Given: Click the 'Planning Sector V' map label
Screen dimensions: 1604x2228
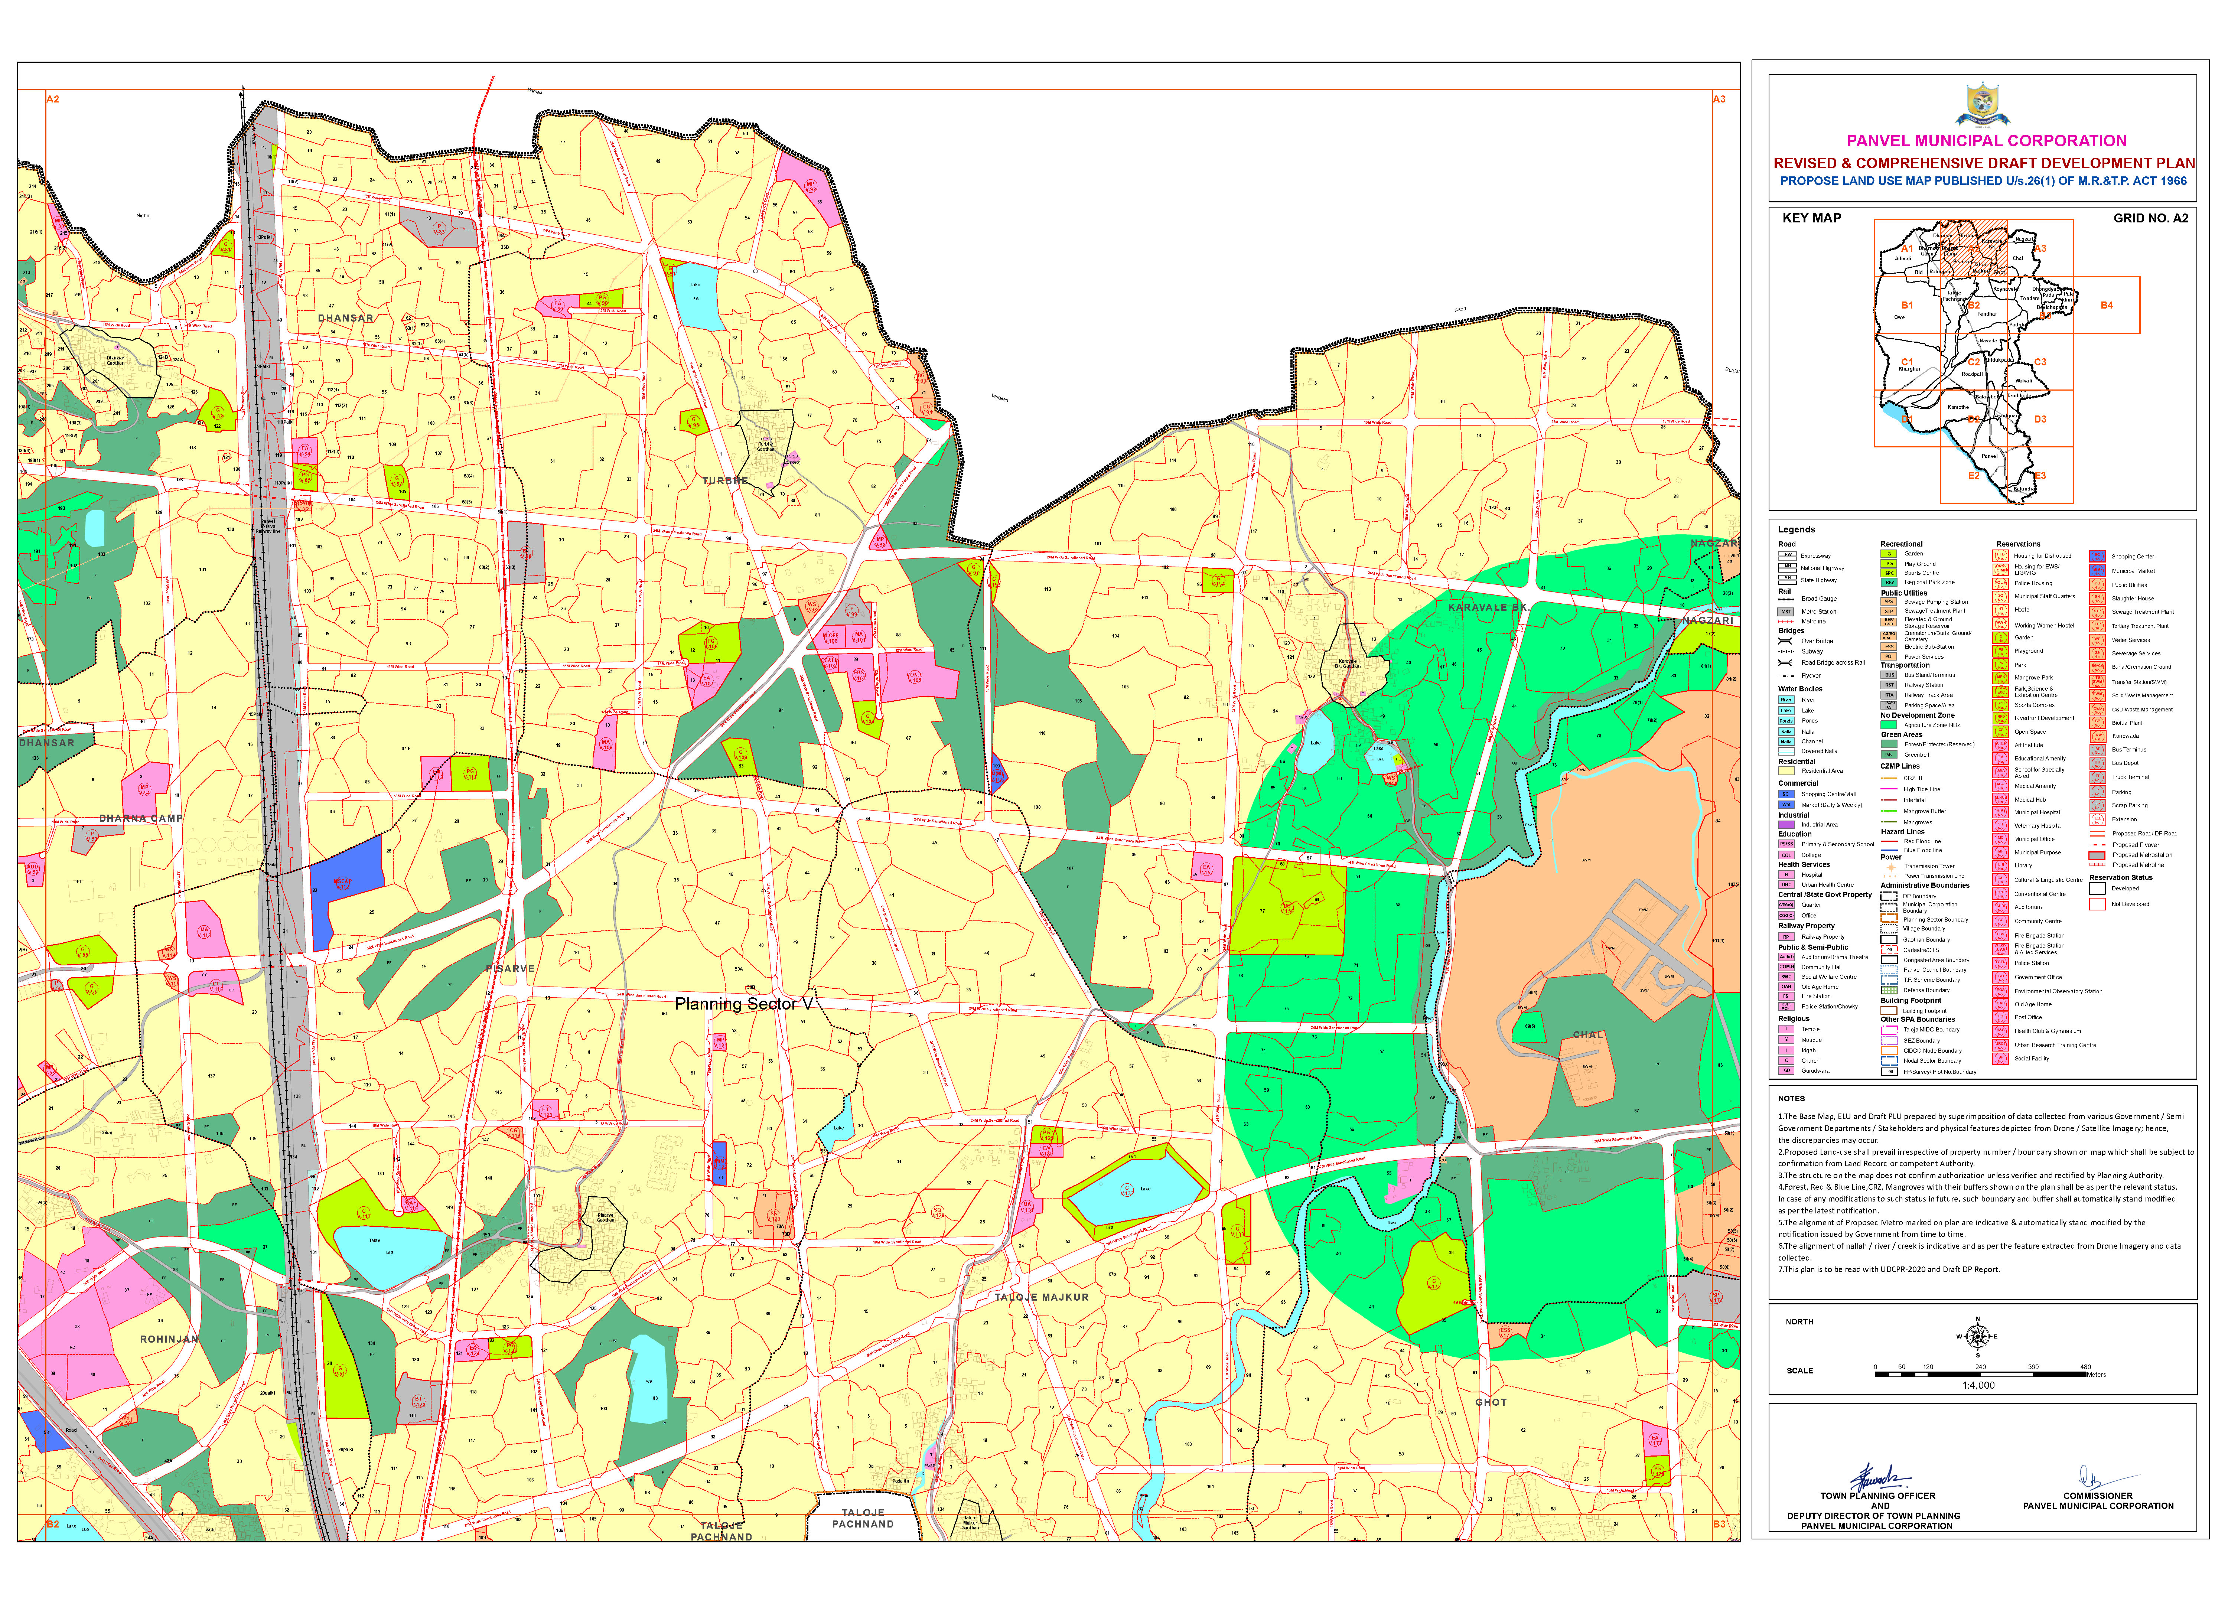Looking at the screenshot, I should pos(744,1004).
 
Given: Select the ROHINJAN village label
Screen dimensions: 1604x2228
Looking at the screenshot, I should pos(169,1339).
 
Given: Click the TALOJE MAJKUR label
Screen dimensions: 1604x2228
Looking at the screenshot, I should pos(1041,1298).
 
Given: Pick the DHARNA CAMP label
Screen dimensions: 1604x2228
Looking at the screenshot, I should pos(140,818).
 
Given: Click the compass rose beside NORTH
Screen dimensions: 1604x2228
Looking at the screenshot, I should pos(1978,1337).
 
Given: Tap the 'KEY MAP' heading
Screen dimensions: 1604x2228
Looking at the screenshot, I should pos(1811,218).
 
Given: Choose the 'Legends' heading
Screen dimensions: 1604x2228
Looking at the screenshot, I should pos(1797,529).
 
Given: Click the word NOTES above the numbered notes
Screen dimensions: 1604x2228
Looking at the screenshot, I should pos(1791,1098).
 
